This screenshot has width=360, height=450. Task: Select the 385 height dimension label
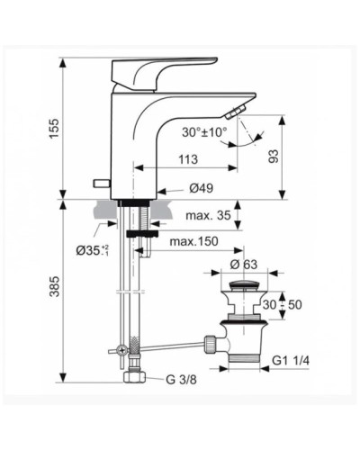[x=53, y=286]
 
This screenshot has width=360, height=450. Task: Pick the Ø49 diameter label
[x=202, y=189]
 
